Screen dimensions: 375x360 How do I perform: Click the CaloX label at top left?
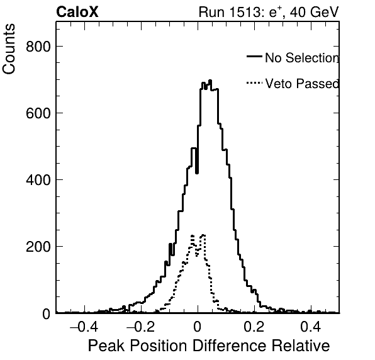(x=77, y=12)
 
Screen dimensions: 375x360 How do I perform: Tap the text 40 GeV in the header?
(x=314, y=12)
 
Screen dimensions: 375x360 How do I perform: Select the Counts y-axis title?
(x=9, y=49)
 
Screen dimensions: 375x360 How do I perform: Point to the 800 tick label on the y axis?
(x=38, y=47)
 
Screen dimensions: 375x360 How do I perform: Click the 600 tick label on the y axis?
(x=38, y=113)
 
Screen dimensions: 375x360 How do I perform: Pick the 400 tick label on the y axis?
(x=38, y=180)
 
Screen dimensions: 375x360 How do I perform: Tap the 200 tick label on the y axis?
(x=38, y=247)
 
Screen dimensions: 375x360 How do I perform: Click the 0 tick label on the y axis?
(x=47, y=314)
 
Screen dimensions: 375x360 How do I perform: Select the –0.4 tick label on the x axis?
(x=84, y=326)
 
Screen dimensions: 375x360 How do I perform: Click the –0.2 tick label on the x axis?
(x=140, y=326)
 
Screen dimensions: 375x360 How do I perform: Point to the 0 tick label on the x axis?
(x=198, y=326)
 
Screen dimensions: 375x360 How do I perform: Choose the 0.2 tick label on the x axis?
(x=254, y=326)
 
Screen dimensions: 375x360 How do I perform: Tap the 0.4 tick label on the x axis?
(x=311, y=326)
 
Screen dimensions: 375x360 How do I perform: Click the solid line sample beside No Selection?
(x=254, y=56)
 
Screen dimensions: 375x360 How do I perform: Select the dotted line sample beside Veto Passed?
(x=254, y=83)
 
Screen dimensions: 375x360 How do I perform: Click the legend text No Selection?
(x=302, y=58)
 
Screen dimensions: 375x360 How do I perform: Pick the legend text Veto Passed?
(x=302, y=84)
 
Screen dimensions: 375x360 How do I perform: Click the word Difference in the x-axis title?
(x=229, y=346)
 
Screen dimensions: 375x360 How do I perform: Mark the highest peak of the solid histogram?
(x=210, y=81)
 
